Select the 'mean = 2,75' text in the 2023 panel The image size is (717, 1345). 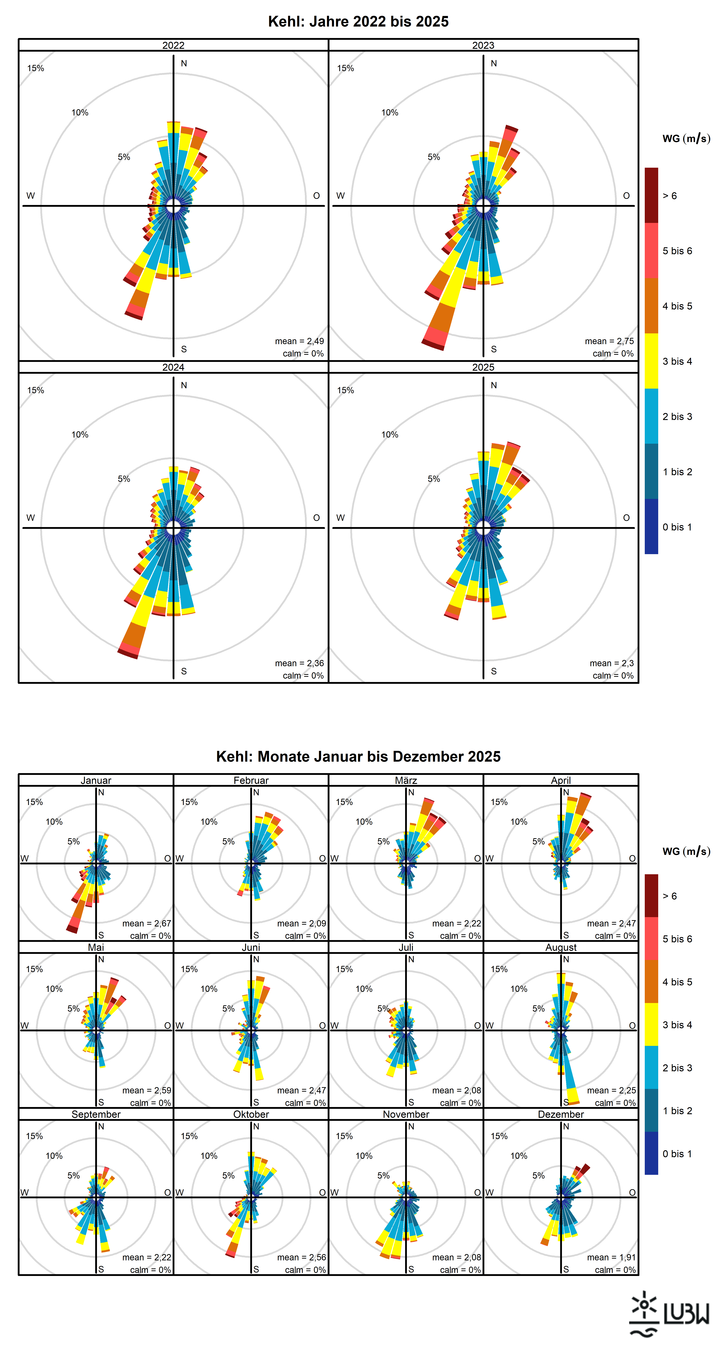609,341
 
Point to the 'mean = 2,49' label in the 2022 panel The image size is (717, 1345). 300,341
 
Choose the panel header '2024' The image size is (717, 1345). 173,367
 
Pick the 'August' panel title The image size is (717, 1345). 561,947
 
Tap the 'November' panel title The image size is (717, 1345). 406,1114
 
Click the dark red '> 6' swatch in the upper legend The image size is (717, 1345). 651,195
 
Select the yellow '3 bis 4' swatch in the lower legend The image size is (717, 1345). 651,1024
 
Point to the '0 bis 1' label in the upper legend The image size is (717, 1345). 677,527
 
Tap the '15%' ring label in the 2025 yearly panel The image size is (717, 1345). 345,390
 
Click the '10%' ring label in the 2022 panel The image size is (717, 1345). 80,112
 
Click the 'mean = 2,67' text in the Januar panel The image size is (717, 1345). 147,923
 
